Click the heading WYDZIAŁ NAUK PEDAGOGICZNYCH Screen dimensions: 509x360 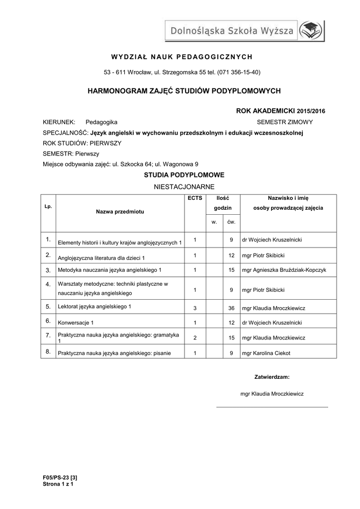point(181,56)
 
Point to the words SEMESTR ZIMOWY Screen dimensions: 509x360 point(285,121)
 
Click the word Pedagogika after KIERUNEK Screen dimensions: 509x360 point(101,121)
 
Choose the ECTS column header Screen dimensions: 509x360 point(195,198)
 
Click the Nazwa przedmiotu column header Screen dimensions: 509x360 point(120,211)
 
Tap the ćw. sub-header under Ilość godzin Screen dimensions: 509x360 point(231,222)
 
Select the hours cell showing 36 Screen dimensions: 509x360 point(231,308)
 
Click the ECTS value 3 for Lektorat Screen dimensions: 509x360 point(195,308)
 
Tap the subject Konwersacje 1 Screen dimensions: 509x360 point(76,323)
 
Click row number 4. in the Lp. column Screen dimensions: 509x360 point(48,284)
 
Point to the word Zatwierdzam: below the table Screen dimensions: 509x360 point(271,377)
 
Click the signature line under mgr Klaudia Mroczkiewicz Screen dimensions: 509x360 point(272,407)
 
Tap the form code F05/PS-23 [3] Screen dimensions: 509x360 point(60,478)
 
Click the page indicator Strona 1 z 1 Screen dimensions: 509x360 point(58,484)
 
